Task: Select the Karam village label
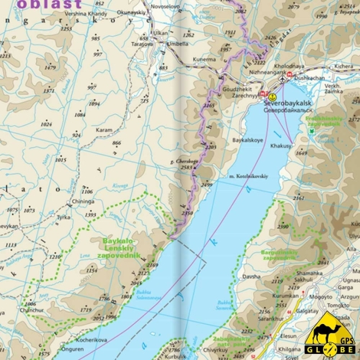(104, 130)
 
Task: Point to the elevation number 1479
(51, 67)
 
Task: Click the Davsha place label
(251, 277)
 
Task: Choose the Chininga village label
(83, 201)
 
